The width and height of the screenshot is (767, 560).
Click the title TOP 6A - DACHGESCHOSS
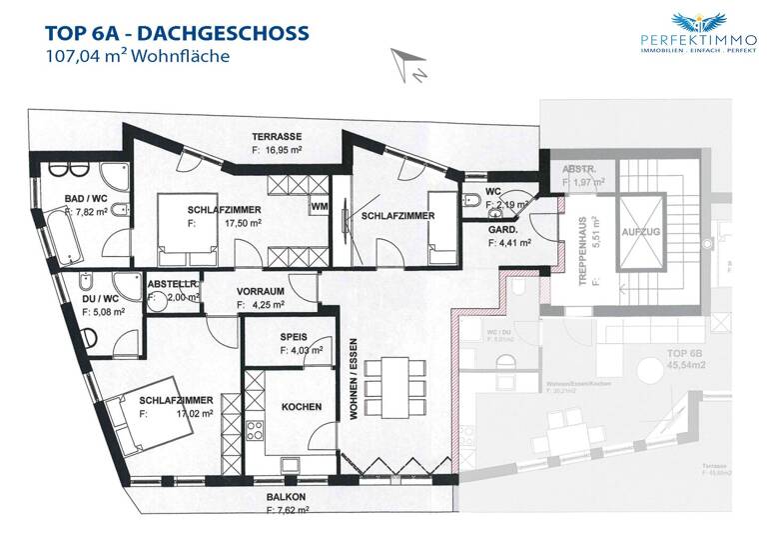(176, 33)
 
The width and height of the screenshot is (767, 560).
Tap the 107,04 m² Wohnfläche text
(138, 57)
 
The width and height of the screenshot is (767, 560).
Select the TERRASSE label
(277, 137)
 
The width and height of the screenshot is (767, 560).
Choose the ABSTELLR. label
(173, 284)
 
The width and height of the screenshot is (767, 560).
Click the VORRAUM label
(262, 293)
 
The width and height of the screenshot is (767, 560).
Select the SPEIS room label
(294, 337)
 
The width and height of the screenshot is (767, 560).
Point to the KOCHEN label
(301, 407)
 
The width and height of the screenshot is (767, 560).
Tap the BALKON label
(285, 496)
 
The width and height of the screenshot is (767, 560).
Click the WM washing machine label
(319, 207)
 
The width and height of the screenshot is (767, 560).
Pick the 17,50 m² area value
(245, 224)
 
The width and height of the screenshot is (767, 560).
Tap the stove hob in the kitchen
(255, 431)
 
